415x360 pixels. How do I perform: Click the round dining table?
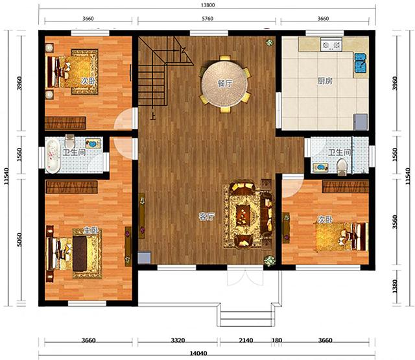click(224, 84)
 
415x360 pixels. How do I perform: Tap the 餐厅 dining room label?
click(225, 84)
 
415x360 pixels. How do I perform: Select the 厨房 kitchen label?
click(325, 80)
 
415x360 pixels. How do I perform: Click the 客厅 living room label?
click(207, 217)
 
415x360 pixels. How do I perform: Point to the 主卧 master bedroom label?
click(91, 230)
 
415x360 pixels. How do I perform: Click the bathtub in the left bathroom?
click(53, 156)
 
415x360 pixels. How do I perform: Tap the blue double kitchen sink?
click(360, 63)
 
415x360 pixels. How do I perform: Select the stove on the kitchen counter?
click(331, 44)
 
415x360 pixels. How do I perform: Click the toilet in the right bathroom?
click(342, 167)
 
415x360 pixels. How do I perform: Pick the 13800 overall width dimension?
click(207, 5)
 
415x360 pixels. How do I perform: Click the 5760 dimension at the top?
click(207, 19)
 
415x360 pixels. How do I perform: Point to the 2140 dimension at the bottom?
click(246, 340)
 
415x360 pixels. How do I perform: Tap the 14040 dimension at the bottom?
click(198, 354)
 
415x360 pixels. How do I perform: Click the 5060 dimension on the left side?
click(19, 240)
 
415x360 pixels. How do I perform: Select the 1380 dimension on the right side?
click(395, 286)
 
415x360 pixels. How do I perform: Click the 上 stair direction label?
click(153, 116)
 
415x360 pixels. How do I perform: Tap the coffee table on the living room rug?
click(243, 215)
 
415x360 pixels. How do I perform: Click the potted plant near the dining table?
click(270, 42)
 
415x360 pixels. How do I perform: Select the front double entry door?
click(245, 276)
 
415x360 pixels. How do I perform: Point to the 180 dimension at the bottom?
click(277, 340)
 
